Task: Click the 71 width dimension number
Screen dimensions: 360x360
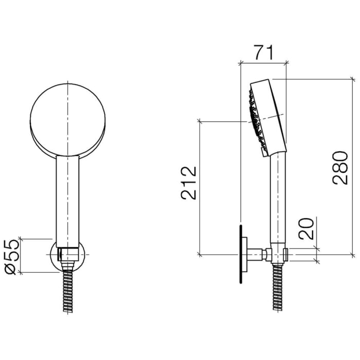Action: pos(262,52)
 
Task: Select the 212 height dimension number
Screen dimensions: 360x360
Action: pos(188,182)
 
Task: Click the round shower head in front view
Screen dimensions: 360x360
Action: pos(67,117)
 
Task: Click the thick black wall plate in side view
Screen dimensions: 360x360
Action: pos(240,254)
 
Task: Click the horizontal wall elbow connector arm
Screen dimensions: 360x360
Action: pos(256,254)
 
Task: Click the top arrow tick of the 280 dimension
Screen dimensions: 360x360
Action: pos(352,79)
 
